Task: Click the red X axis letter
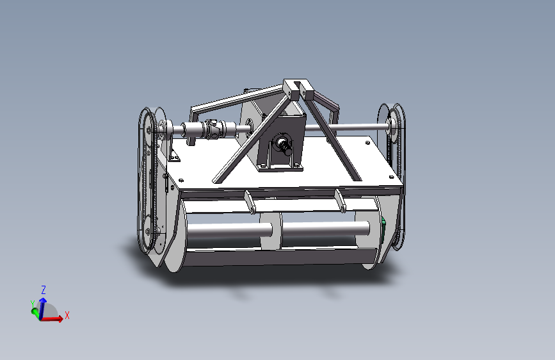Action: [x=67, y=315]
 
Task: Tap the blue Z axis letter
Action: [x=44, y=290]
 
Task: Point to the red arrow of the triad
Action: [x=52, y=319]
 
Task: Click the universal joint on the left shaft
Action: [x=213, y=128]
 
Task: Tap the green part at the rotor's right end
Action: [x=383, y=226]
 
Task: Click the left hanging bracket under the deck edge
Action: [x=250, y=202]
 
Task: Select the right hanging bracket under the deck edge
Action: [x=341, y=201]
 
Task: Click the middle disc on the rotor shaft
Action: [x=271, y=231]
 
